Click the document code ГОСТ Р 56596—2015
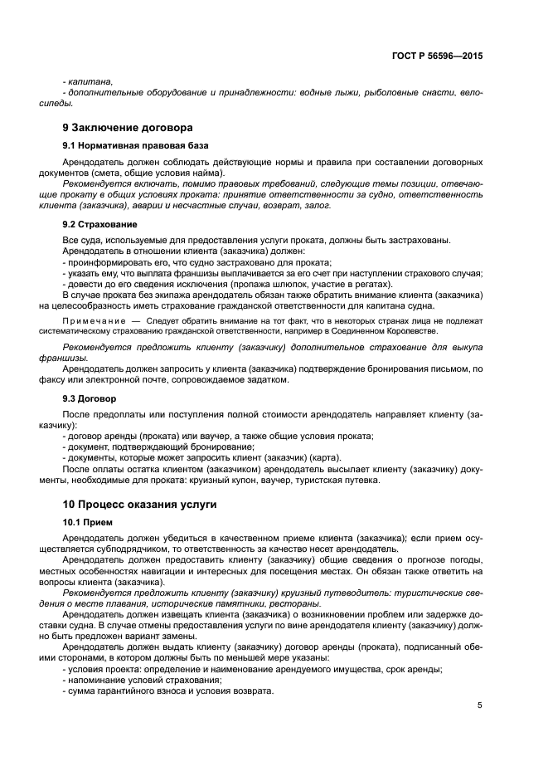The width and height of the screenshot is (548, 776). pos(437,56)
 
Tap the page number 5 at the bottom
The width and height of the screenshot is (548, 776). pos(479,705)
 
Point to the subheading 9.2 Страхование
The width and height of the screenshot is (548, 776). pos(100,224)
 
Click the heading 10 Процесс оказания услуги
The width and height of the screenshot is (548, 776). pos(140,504)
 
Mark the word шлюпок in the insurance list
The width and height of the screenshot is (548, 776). pos(237,283)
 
